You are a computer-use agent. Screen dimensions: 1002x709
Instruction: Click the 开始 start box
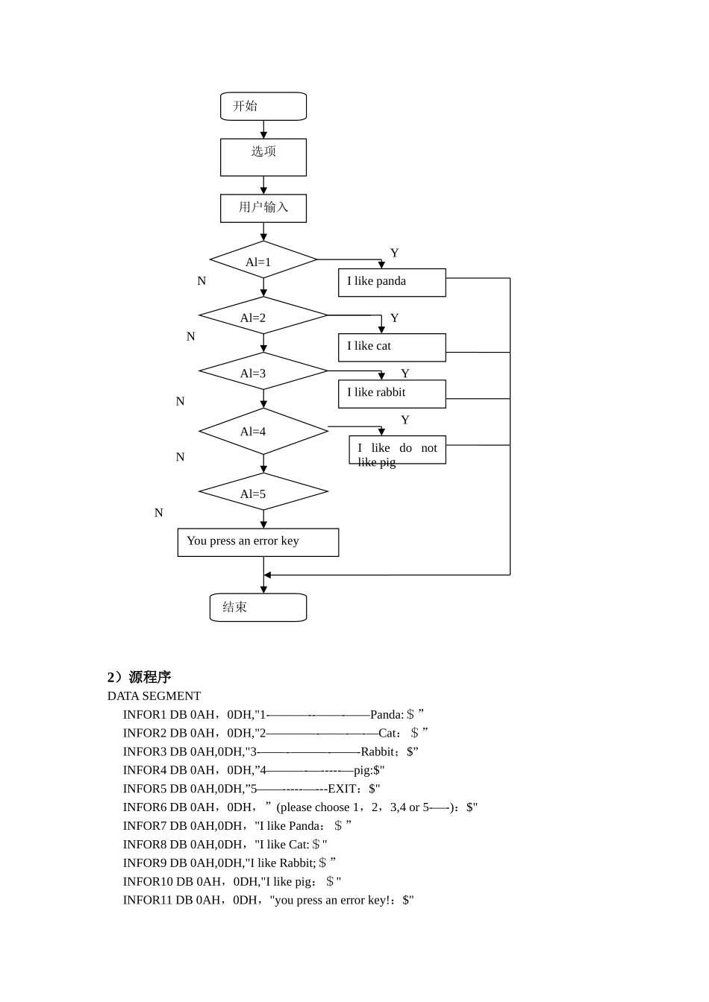(263, 107)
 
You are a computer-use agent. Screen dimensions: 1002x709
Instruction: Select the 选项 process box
(263, 157)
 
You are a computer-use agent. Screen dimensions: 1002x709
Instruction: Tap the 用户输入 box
(263, 208)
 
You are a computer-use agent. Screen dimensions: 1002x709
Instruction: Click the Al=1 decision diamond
(263, 260)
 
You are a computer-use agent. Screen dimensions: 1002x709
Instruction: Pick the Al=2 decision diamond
(263, 316)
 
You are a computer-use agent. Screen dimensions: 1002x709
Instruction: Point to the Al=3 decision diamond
(263, 371)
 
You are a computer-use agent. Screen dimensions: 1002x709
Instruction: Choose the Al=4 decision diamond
(263, 431)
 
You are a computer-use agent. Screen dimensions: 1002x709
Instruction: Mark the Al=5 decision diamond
(263, 492)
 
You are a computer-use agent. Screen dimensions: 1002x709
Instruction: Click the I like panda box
(392, 283)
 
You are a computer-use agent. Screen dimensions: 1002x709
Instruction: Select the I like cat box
(392, 347)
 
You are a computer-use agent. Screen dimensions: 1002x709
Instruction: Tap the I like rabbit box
(392, 394)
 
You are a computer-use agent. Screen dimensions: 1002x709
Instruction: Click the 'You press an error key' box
(258, 542)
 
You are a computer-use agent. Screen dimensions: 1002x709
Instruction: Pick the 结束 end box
(258, 608)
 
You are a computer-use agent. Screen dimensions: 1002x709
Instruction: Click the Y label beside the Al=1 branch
(395, 253)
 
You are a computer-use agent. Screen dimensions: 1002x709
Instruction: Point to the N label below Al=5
(158, 513)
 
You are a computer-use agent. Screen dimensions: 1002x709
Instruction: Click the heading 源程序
(150, 677)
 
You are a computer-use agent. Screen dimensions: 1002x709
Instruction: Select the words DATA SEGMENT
(154, 696)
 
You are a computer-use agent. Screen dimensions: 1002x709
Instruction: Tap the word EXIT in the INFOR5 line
(343, 789)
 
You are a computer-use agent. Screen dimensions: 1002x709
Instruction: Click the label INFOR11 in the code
(148, 900)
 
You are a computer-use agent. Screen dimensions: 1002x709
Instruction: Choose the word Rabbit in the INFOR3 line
(378, 751)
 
